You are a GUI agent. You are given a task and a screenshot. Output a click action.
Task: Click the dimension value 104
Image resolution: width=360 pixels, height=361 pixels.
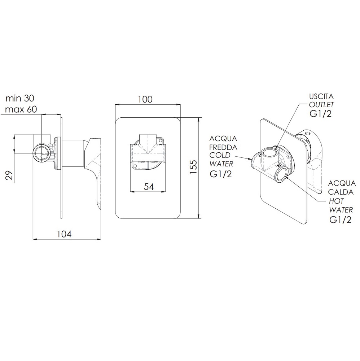pyautogui.click(x=65, y=234)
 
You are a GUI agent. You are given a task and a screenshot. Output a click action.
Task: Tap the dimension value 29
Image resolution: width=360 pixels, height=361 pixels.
pyautogui.click(x=9, y=176)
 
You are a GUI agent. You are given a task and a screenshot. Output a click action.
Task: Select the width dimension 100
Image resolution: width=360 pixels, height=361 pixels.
pyautogui.click(x=145, y=99)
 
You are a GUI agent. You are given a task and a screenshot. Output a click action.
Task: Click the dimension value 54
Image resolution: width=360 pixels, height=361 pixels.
pyautogui.click(x=149, y=187)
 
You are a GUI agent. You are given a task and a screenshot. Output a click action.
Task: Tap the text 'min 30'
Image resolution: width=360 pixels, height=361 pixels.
pyautogui.click(x=20, y=98)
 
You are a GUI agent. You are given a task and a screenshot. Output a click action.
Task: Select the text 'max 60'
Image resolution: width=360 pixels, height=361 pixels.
pyautogui.click(x=21, y=109)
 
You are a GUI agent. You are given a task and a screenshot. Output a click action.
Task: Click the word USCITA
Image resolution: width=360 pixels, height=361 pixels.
pyautogui.click(x=321, y=96)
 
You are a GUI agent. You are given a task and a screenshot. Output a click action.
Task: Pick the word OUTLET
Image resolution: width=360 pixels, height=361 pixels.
pyautogui.click(x=321, y=105)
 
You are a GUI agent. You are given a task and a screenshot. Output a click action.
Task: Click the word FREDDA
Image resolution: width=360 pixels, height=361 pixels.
pyautogui.click(x=223, y=147)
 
